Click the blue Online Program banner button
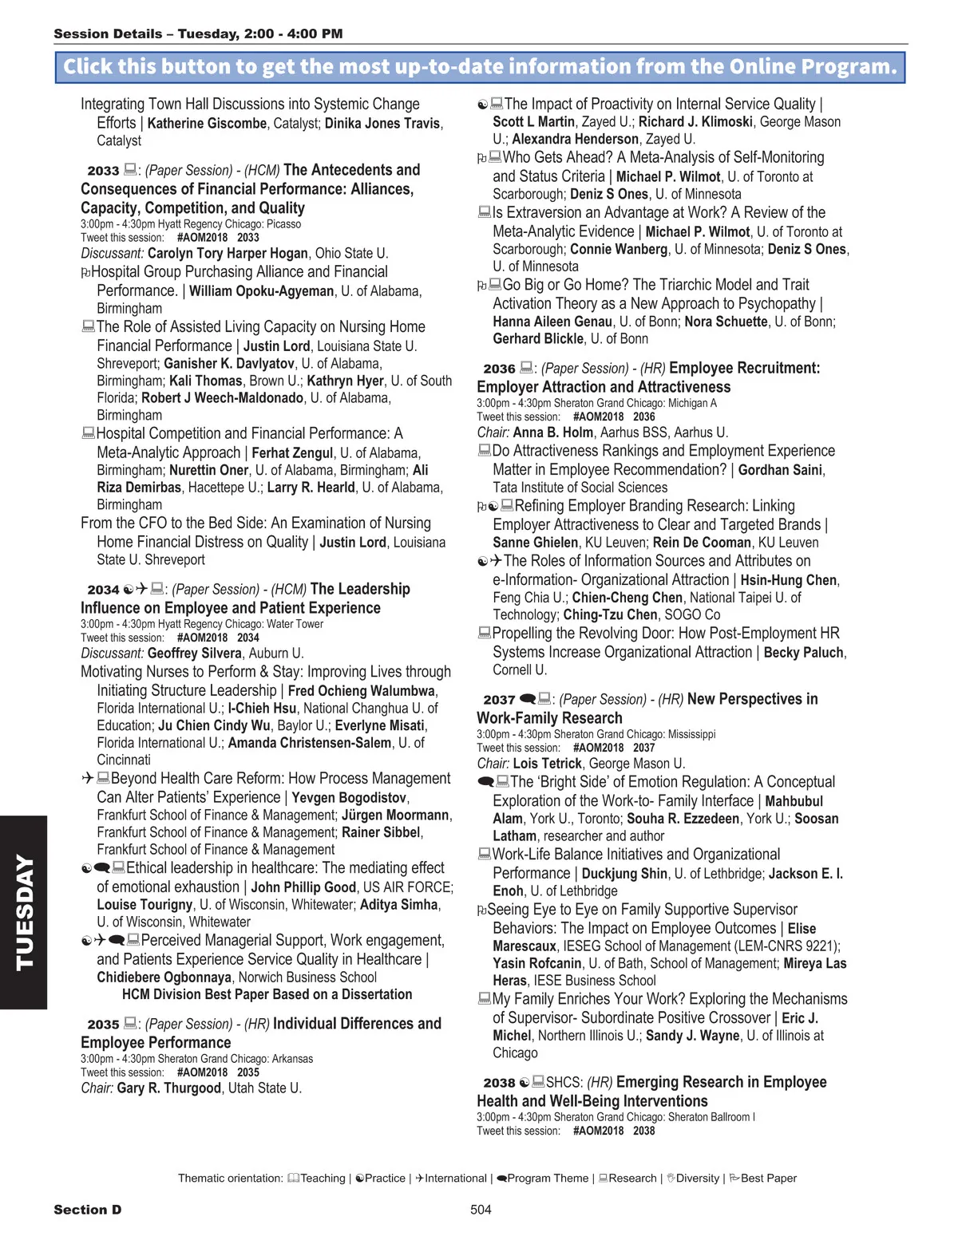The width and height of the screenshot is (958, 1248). pos(480,67)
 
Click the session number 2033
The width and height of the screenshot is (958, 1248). pos(103,171)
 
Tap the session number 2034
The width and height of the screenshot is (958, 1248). pos(103,590)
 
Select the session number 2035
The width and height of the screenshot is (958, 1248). pos(103,1025)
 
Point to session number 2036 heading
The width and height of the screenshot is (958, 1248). pos(499,369)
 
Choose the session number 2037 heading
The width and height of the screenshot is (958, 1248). pos(499,700)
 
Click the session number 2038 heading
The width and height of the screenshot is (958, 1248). pos(499,1083)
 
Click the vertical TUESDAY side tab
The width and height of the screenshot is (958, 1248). pos(24,912)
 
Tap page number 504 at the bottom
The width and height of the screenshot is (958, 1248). pos(481,1210)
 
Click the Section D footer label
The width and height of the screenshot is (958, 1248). pos(88,1210)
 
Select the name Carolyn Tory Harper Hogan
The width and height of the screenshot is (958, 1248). pos(228,254)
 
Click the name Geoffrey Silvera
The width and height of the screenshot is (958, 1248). pos(194,654)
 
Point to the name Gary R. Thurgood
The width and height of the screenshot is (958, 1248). pos(169,1088)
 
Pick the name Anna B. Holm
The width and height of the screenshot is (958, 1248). pos(553,432)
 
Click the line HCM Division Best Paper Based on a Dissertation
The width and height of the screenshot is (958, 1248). pos(267,995)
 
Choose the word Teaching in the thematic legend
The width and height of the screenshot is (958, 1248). pos(323,1179)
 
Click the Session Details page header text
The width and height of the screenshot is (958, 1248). pos(198,34)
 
